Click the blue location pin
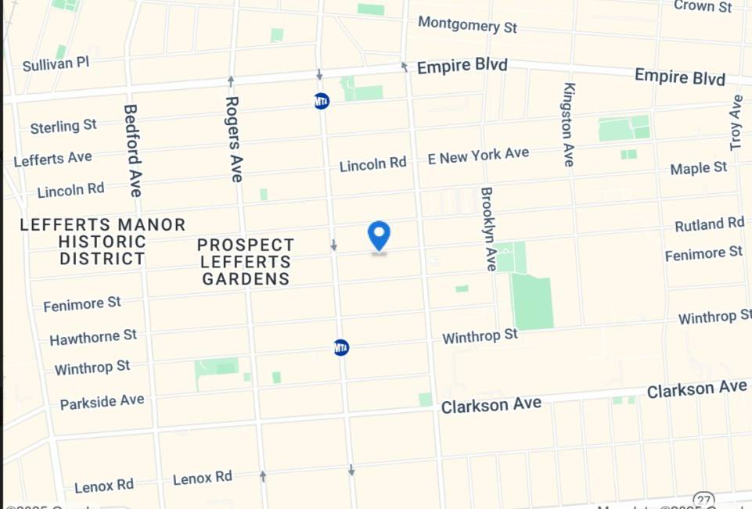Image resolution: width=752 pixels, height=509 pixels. click(379, 235)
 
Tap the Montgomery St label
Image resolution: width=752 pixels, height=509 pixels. click(467, 25)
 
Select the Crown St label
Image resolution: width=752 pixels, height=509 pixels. click(703, 6)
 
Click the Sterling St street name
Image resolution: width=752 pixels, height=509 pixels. click(63, 126)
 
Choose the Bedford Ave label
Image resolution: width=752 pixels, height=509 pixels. click(132, 150)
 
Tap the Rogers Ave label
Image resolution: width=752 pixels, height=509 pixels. click(234, 138)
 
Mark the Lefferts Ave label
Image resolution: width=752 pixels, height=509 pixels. click(52, 159)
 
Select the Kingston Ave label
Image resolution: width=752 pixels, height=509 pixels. click(569, 124)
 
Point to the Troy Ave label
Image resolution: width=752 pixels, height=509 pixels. click(736, 123)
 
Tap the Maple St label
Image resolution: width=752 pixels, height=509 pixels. click(699, 168)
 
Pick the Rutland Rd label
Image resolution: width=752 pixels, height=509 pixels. click(709, 224)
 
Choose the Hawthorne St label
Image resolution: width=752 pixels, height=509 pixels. click(93, 337)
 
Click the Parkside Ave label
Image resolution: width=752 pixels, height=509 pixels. click(102, 402)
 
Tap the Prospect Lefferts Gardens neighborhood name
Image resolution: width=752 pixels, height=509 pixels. click(246, 262)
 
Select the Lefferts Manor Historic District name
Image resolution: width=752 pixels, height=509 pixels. click(103, 242)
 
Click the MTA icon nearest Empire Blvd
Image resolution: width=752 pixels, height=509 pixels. click(321, 101)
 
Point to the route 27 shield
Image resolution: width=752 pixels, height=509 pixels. click(703, 500)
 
